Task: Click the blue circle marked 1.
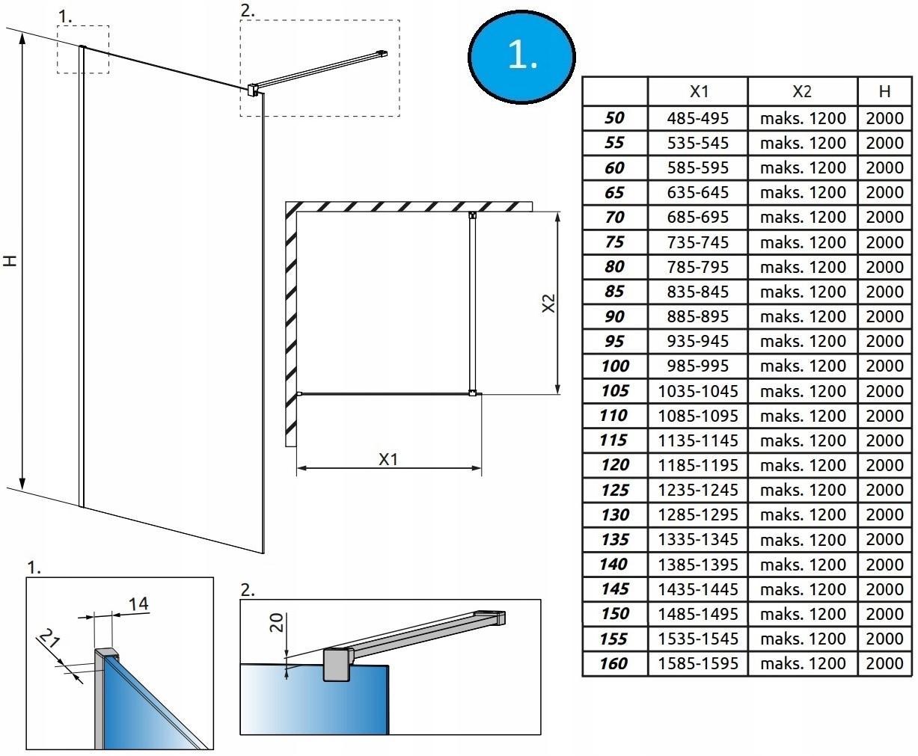point(521,55)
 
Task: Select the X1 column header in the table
point(697,91)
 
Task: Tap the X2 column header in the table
point(802,91)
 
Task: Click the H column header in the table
point(885,91)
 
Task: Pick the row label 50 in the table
point(614,118)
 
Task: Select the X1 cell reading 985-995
point(697,366)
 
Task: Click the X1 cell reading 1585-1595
point(697,663)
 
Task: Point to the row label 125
point(614,490)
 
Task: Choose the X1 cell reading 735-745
point(697,242)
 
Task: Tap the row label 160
point(614,663)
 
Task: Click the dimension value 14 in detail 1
point(138,603)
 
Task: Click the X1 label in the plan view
point(388,459)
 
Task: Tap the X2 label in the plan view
point(548,302)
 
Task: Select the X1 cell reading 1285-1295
point(697,514)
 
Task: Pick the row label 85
point(614,292)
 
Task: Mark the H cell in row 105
point(885,390)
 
